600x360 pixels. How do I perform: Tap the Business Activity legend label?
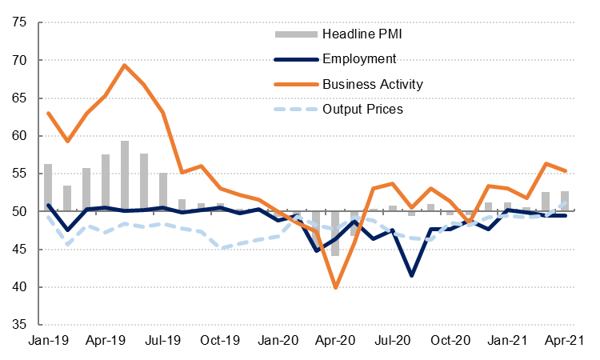[372, 83]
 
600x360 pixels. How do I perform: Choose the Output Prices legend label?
[362, 108]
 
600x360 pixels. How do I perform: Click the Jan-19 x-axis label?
[48, 340]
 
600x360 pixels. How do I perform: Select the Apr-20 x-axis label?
[336, 340]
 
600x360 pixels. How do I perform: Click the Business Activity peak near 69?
[125, 66]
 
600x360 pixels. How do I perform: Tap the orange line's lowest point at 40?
[335, 287]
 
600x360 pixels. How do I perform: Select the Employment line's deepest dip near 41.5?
[412, 275]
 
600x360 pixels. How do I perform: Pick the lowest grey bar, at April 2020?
[335, 234]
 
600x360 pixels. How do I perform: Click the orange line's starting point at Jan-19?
[48, 113]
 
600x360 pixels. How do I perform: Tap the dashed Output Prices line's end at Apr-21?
[566, 203]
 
